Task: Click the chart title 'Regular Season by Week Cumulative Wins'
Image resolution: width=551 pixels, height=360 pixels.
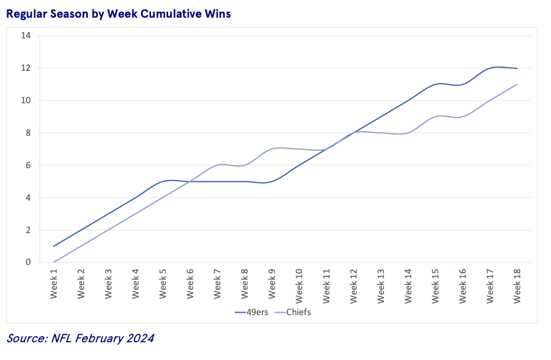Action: (x=118, y=14)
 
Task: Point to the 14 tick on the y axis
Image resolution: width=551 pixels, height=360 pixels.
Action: (x=25, y=35)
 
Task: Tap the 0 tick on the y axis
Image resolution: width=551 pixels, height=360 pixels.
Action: (x=28, y=263)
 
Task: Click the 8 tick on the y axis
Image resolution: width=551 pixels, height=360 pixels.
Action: (x=28, y=133)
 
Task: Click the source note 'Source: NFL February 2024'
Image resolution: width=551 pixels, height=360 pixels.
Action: (x=80, y=338)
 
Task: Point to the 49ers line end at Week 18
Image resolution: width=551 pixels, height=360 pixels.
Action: (x=517, y=68)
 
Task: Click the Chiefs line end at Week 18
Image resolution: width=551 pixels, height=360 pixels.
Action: (x=517, y=84)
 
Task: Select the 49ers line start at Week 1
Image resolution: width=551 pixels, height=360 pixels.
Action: (x=54, y=246)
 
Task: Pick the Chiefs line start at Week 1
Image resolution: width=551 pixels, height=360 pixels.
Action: (x=54, y=262)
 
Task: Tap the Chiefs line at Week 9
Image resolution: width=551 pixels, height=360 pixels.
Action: (x=272, y=149)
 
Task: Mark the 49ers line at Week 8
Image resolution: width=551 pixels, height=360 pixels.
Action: (x=245, y=181)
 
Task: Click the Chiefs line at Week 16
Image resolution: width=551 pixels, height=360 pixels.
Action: (x=463, y=117)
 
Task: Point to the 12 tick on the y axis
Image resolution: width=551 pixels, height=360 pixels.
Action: (x=25, y=68)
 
